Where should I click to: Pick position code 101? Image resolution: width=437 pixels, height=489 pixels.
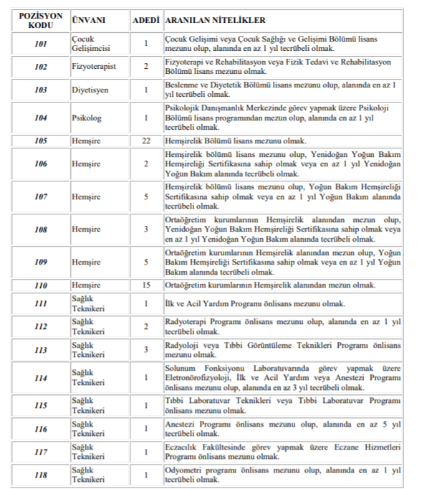click(41, 44)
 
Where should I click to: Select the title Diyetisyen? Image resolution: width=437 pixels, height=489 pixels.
click(90, 90)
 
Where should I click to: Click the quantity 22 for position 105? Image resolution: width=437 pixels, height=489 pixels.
click(146, 140)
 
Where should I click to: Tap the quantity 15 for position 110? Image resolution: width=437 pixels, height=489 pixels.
click(146, 285)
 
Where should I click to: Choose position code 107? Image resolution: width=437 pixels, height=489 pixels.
click(41, 196)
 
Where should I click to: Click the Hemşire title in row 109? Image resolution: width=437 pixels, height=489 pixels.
click(86, 262)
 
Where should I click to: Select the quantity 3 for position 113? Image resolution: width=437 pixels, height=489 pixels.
click(146, 350)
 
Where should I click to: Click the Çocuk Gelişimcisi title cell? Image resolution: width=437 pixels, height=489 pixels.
click(90, 44)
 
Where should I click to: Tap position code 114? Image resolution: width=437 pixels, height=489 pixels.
click(41, 378)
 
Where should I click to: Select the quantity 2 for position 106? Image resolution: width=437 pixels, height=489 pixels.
click(146, 163)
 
